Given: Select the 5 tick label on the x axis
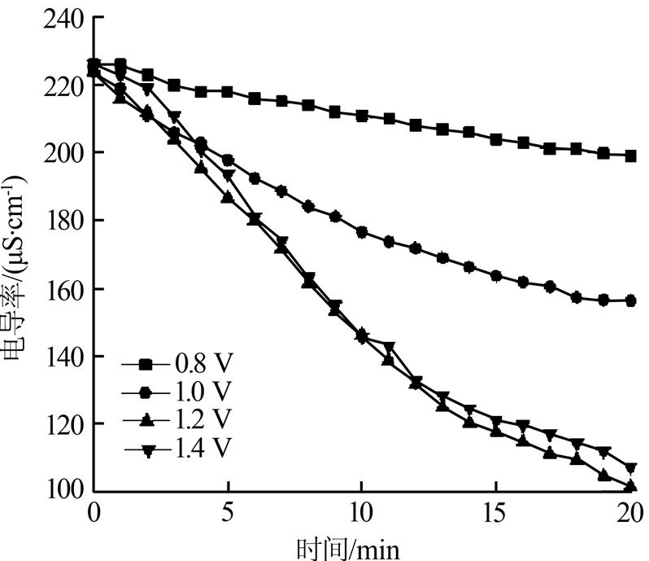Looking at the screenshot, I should [229, 514].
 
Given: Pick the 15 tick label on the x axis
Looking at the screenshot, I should [495, 514].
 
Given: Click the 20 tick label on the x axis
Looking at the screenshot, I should [629, 514].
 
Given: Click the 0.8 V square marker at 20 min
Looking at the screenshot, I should [630, 156].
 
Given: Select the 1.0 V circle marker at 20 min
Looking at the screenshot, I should [630, 300].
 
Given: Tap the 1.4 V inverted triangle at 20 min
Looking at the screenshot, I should [630, 468].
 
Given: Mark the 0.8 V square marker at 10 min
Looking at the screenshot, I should [362, 116].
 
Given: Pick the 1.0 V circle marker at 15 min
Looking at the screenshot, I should [496, 276].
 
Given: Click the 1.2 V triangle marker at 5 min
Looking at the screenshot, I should [228, 197].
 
